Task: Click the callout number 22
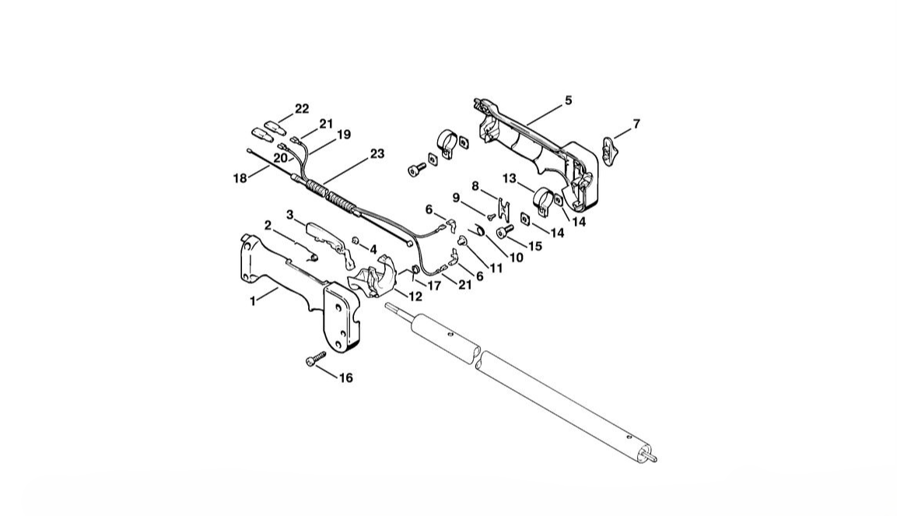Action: [x=302, y=109]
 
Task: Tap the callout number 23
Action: [x=377, y=154]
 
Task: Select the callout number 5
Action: [x=568, y=100]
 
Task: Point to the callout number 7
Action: [x=636, y=124]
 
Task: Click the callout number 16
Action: [x=345, y=378]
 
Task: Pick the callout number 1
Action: [x=253, y=301]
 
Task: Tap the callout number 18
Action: [x=240, y=178]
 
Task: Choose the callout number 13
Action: [x=509, y=179]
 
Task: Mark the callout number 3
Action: [x=290, y=215]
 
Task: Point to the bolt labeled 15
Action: [x=505, y=230]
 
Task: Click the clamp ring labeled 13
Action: [x=544, y=201]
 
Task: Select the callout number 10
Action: [x=516, y=258]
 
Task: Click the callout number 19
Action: [x=343, y=135]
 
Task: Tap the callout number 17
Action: [x=434, y=286]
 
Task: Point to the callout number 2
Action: [x=268, y=226]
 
